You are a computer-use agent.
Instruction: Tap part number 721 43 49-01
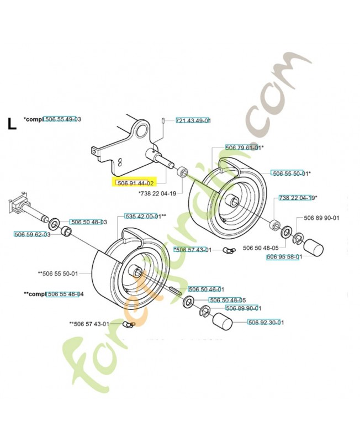[193, 120]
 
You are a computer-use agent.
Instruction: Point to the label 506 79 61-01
[243, 148]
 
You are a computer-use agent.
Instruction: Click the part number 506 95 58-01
[283, 257]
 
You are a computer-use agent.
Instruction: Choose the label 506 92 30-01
[266, 323]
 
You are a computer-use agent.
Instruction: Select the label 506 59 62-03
[32, 234]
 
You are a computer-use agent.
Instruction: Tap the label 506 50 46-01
[206, 289]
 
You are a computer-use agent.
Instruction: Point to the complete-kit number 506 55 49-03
[62, 119]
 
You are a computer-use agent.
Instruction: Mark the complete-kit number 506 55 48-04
[65, 294]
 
